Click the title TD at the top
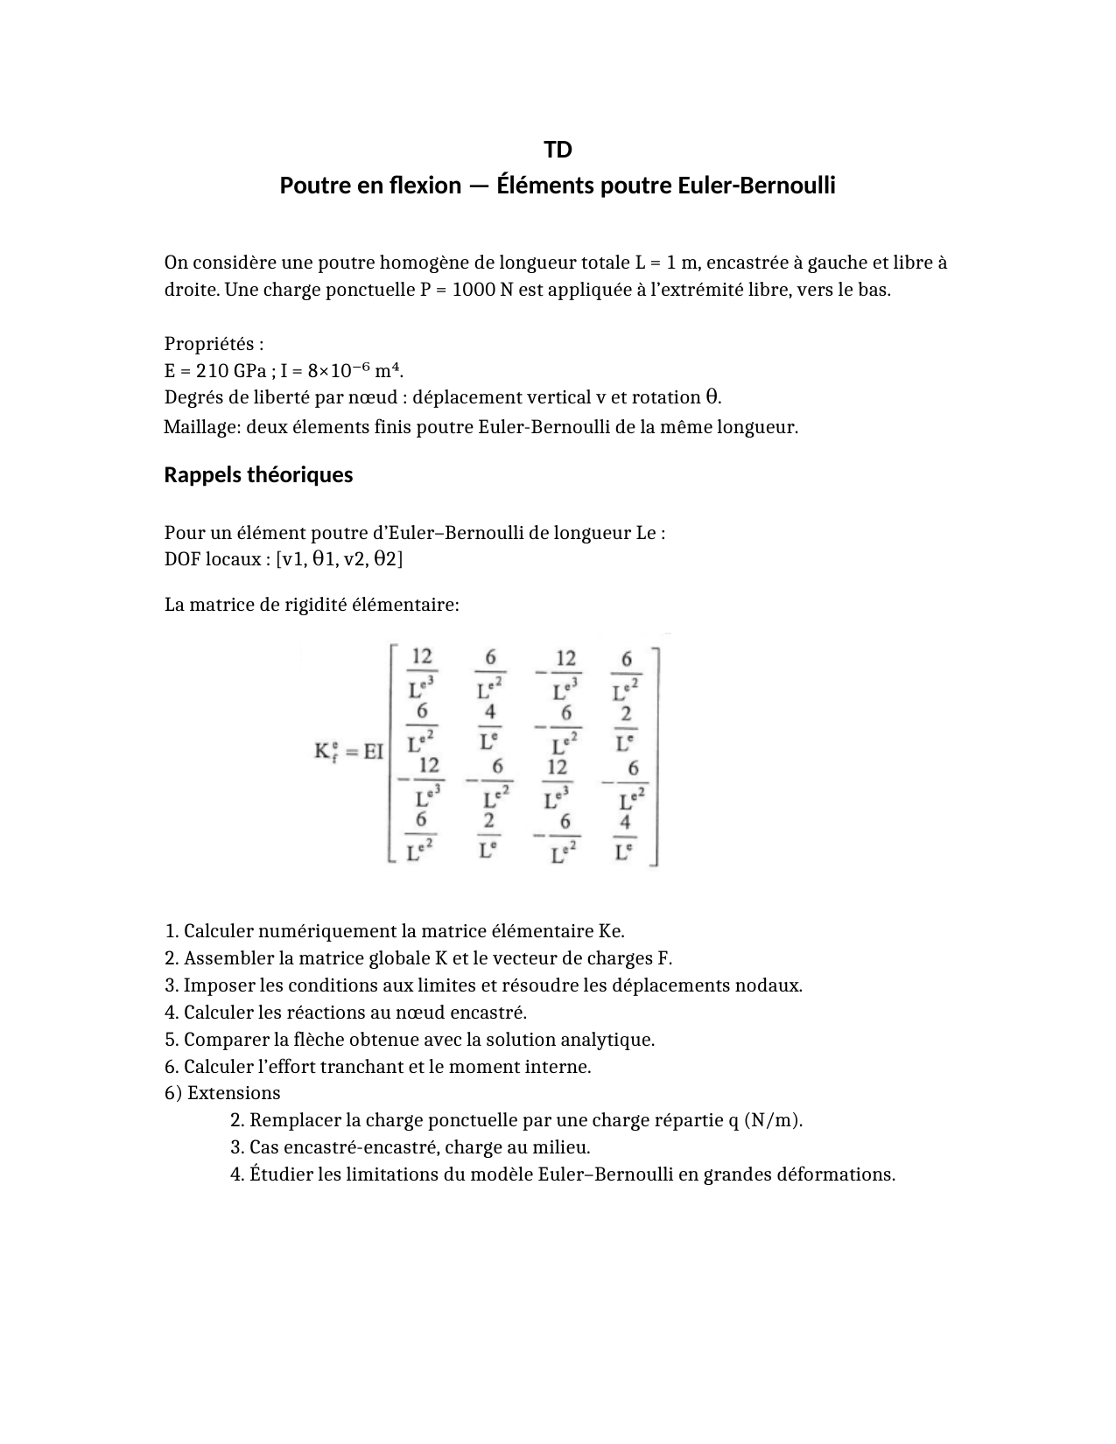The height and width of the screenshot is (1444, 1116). point(558,150)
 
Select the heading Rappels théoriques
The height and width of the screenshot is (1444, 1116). point(258,474)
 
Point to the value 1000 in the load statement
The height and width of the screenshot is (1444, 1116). point(473,290)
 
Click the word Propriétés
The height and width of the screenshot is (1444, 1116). point(214,343)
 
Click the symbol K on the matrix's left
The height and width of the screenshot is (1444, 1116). point(322,752)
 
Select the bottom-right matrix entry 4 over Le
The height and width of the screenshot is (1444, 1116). point(624,837)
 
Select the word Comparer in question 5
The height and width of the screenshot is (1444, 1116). point(226,1039)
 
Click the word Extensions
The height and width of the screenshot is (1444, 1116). point(234,1092)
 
